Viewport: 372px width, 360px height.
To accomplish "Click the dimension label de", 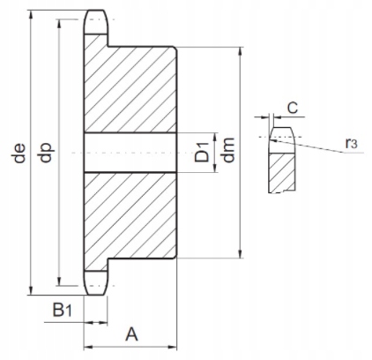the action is tap(20, 154).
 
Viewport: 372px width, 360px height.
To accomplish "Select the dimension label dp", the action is tap(46, 153).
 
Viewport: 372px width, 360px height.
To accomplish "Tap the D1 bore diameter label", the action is tap(203, 152).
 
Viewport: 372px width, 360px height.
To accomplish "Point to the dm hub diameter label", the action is tap(228, 150).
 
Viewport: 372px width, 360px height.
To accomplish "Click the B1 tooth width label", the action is tap(62, 310).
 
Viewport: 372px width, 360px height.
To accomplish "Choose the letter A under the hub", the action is tap(131, 334).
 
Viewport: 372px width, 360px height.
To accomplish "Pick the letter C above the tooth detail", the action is tap(293, 108).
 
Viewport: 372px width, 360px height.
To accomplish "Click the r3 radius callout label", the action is tap(352, 143).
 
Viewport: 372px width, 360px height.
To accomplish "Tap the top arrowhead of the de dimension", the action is tap(31, 14).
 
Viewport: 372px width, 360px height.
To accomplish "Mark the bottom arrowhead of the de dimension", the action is tap(31, 291).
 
